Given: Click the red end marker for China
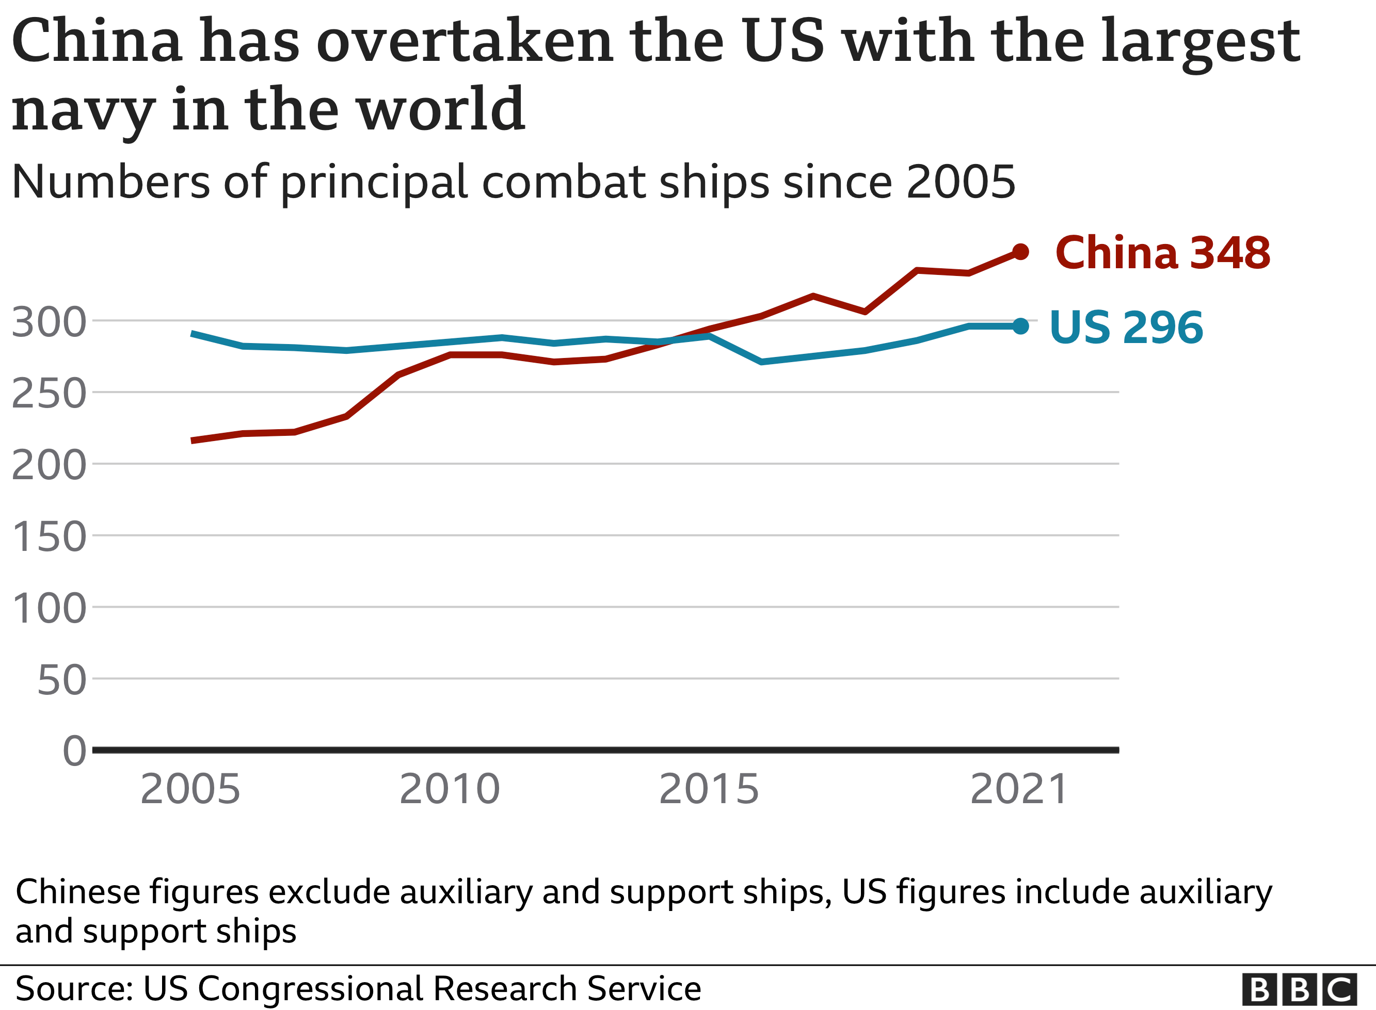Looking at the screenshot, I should (x=1020, y=251).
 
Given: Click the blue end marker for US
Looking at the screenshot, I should (x=1020, y=326).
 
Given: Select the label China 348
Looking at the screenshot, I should (x=1162, y=253).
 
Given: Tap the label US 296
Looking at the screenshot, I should (x=1126, y=328).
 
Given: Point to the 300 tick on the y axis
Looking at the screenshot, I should (x=49, y=322).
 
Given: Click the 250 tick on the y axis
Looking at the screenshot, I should (x=49, y=394).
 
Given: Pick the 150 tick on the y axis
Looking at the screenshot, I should (x=49, y=537).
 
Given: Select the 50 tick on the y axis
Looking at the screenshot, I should (x=61, y=680).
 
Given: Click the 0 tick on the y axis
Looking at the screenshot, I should (x=75, y=751).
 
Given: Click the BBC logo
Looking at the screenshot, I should (x=1300, y=989).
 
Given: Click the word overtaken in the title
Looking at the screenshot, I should (x=465, y=42).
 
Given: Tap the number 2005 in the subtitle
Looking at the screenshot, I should (x=961, y=182).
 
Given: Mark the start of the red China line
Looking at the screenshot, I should (x=193, y=440).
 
